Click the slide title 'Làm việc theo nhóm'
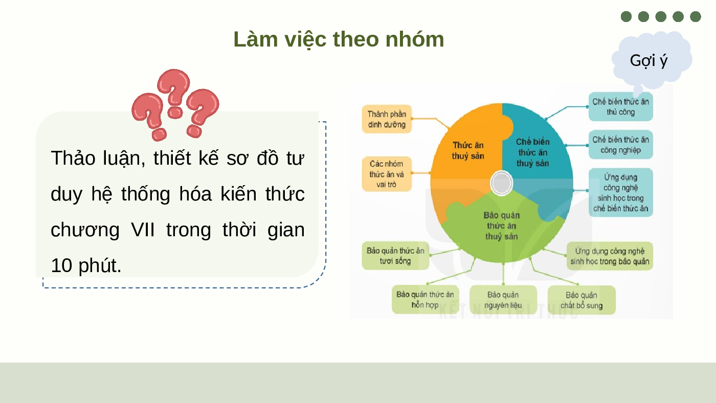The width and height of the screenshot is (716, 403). pyautogui.click(x=339, y=39)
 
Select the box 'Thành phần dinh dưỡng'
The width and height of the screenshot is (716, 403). pyautogui.click(x=387, y=119)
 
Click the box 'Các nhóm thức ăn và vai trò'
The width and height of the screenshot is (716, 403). pyautogui.click(x=387, y=174)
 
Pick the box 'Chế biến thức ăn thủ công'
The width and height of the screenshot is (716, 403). pyautogui.click(x=621, y=107)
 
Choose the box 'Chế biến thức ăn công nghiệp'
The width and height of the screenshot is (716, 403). pyautogui.click(x=621, y=144)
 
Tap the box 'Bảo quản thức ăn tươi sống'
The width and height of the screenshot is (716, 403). pyautogui.click(x=395, y=256)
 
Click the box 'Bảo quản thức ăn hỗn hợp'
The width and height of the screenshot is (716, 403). pyautogui.click(x=425, y=300)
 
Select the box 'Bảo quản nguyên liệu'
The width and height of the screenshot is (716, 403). pyautogui.click(x=503, y=300)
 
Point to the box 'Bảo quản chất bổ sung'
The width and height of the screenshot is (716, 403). pyautogui.click(x=581, y=300)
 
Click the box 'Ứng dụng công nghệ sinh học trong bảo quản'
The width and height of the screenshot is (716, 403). pyautogui.click(x=610, y=256)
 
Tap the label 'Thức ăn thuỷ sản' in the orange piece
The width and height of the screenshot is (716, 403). pyautogui.click(x=468, y=150)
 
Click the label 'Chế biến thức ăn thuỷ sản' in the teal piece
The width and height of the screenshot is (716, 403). pyautogui.click(x=533, y=152)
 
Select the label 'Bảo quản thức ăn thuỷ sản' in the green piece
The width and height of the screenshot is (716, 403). pyautogui.click(x=502, y=226)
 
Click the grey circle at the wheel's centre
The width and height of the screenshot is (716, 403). pyautogui.click(x=502, y=183)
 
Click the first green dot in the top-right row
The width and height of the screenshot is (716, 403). pyautogui.click(x=626, y=16)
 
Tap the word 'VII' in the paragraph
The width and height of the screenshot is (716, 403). pyautogui.click(x=143, y=230)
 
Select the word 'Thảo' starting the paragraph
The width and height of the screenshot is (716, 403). pyautogui.click(x=73, y=158)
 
